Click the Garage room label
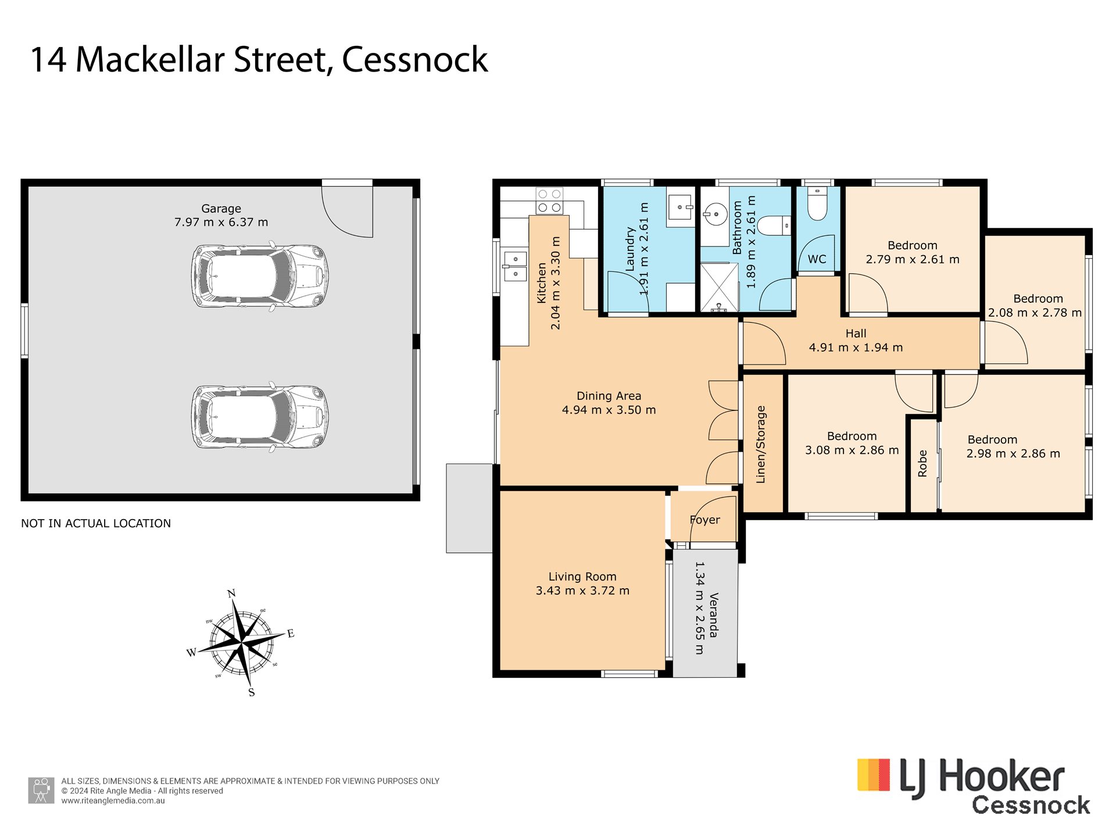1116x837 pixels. [x=221, y=209]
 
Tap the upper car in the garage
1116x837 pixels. [x=260, y=276]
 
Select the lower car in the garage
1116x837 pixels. [x=260, y=416]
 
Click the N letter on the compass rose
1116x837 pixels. [x=231, y=593]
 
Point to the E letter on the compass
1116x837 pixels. [x=291, y=634]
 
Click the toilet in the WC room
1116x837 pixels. [x=817, y=203]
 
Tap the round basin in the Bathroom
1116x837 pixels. [x=716, y=214]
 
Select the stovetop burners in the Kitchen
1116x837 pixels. [x=549, y=201]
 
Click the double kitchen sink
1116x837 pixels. [x=515, y=266]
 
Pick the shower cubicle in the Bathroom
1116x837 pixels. [x=719, y=287]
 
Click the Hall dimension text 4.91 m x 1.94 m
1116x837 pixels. [x=856, y=348]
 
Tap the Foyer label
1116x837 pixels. [x=704, y=520]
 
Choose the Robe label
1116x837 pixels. [x=922, y=464]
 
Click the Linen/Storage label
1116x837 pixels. [x=761, y=445]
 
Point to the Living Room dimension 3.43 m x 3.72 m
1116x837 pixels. [x=582, y=591]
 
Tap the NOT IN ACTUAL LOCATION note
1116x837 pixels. [x=96, y=523]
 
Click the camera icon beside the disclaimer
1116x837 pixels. [x=41, y=791]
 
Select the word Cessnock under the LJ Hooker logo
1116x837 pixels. [x=1031, y=805]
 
